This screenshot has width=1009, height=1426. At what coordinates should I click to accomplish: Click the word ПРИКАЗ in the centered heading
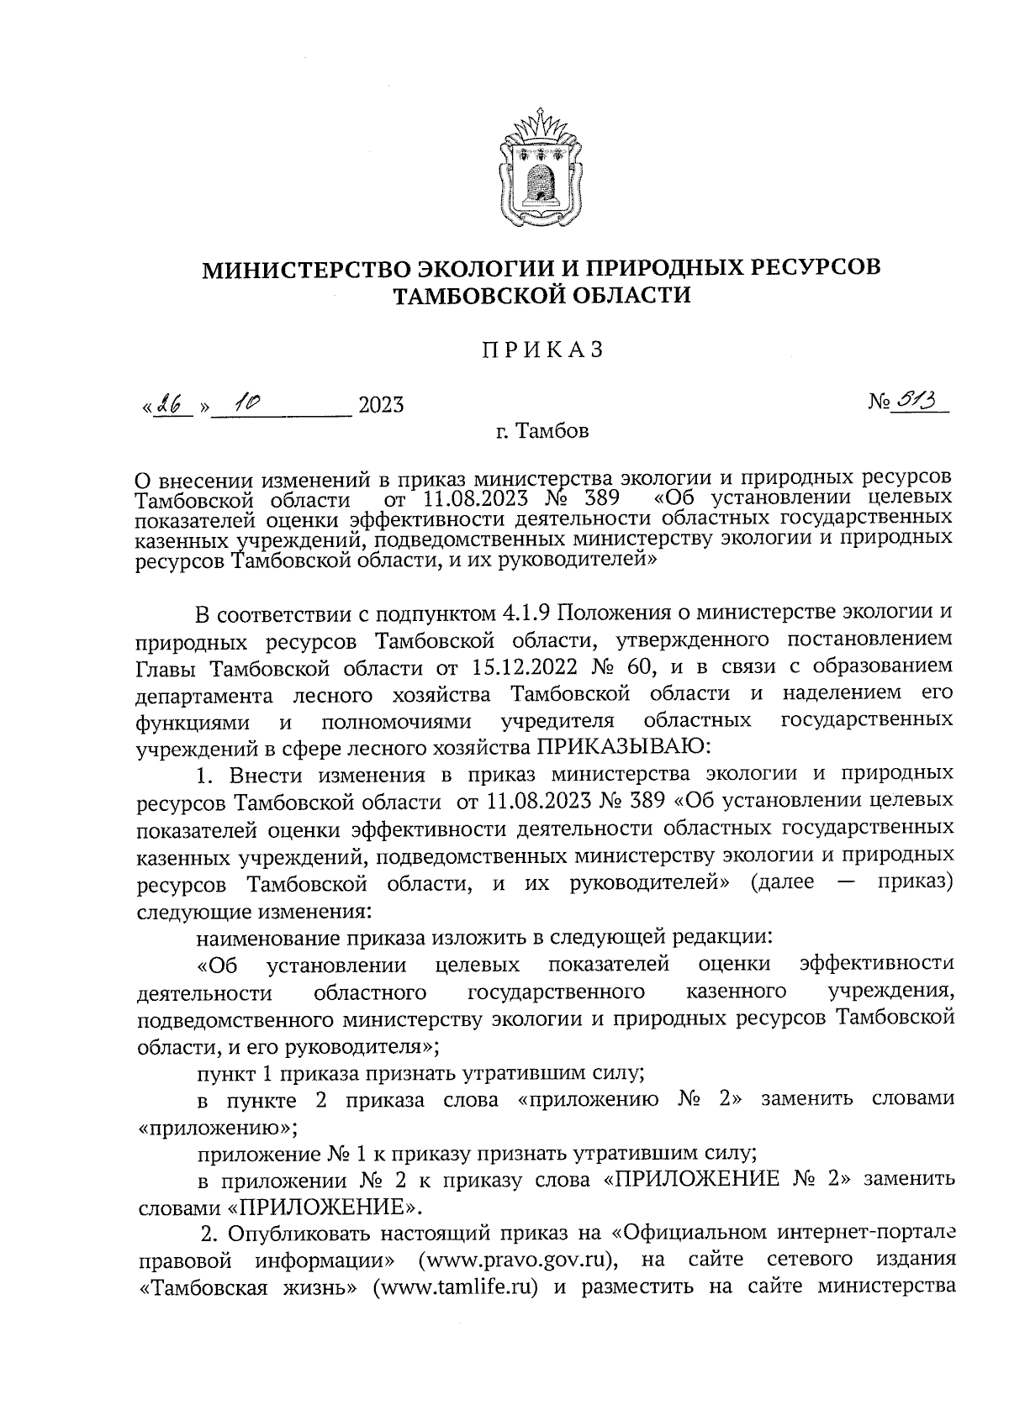543,350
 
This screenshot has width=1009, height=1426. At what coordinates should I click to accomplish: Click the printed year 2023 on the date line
381,406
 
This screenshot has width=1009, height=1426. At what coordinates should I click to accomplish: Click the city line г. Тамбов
541,433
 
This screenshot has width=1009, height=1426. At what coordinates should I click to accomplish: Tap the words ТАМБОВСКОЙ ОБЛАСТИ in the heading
543,296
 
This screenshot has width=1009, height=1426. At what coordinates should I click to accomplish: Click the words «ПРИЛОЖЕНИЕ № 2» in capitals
721,1179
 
